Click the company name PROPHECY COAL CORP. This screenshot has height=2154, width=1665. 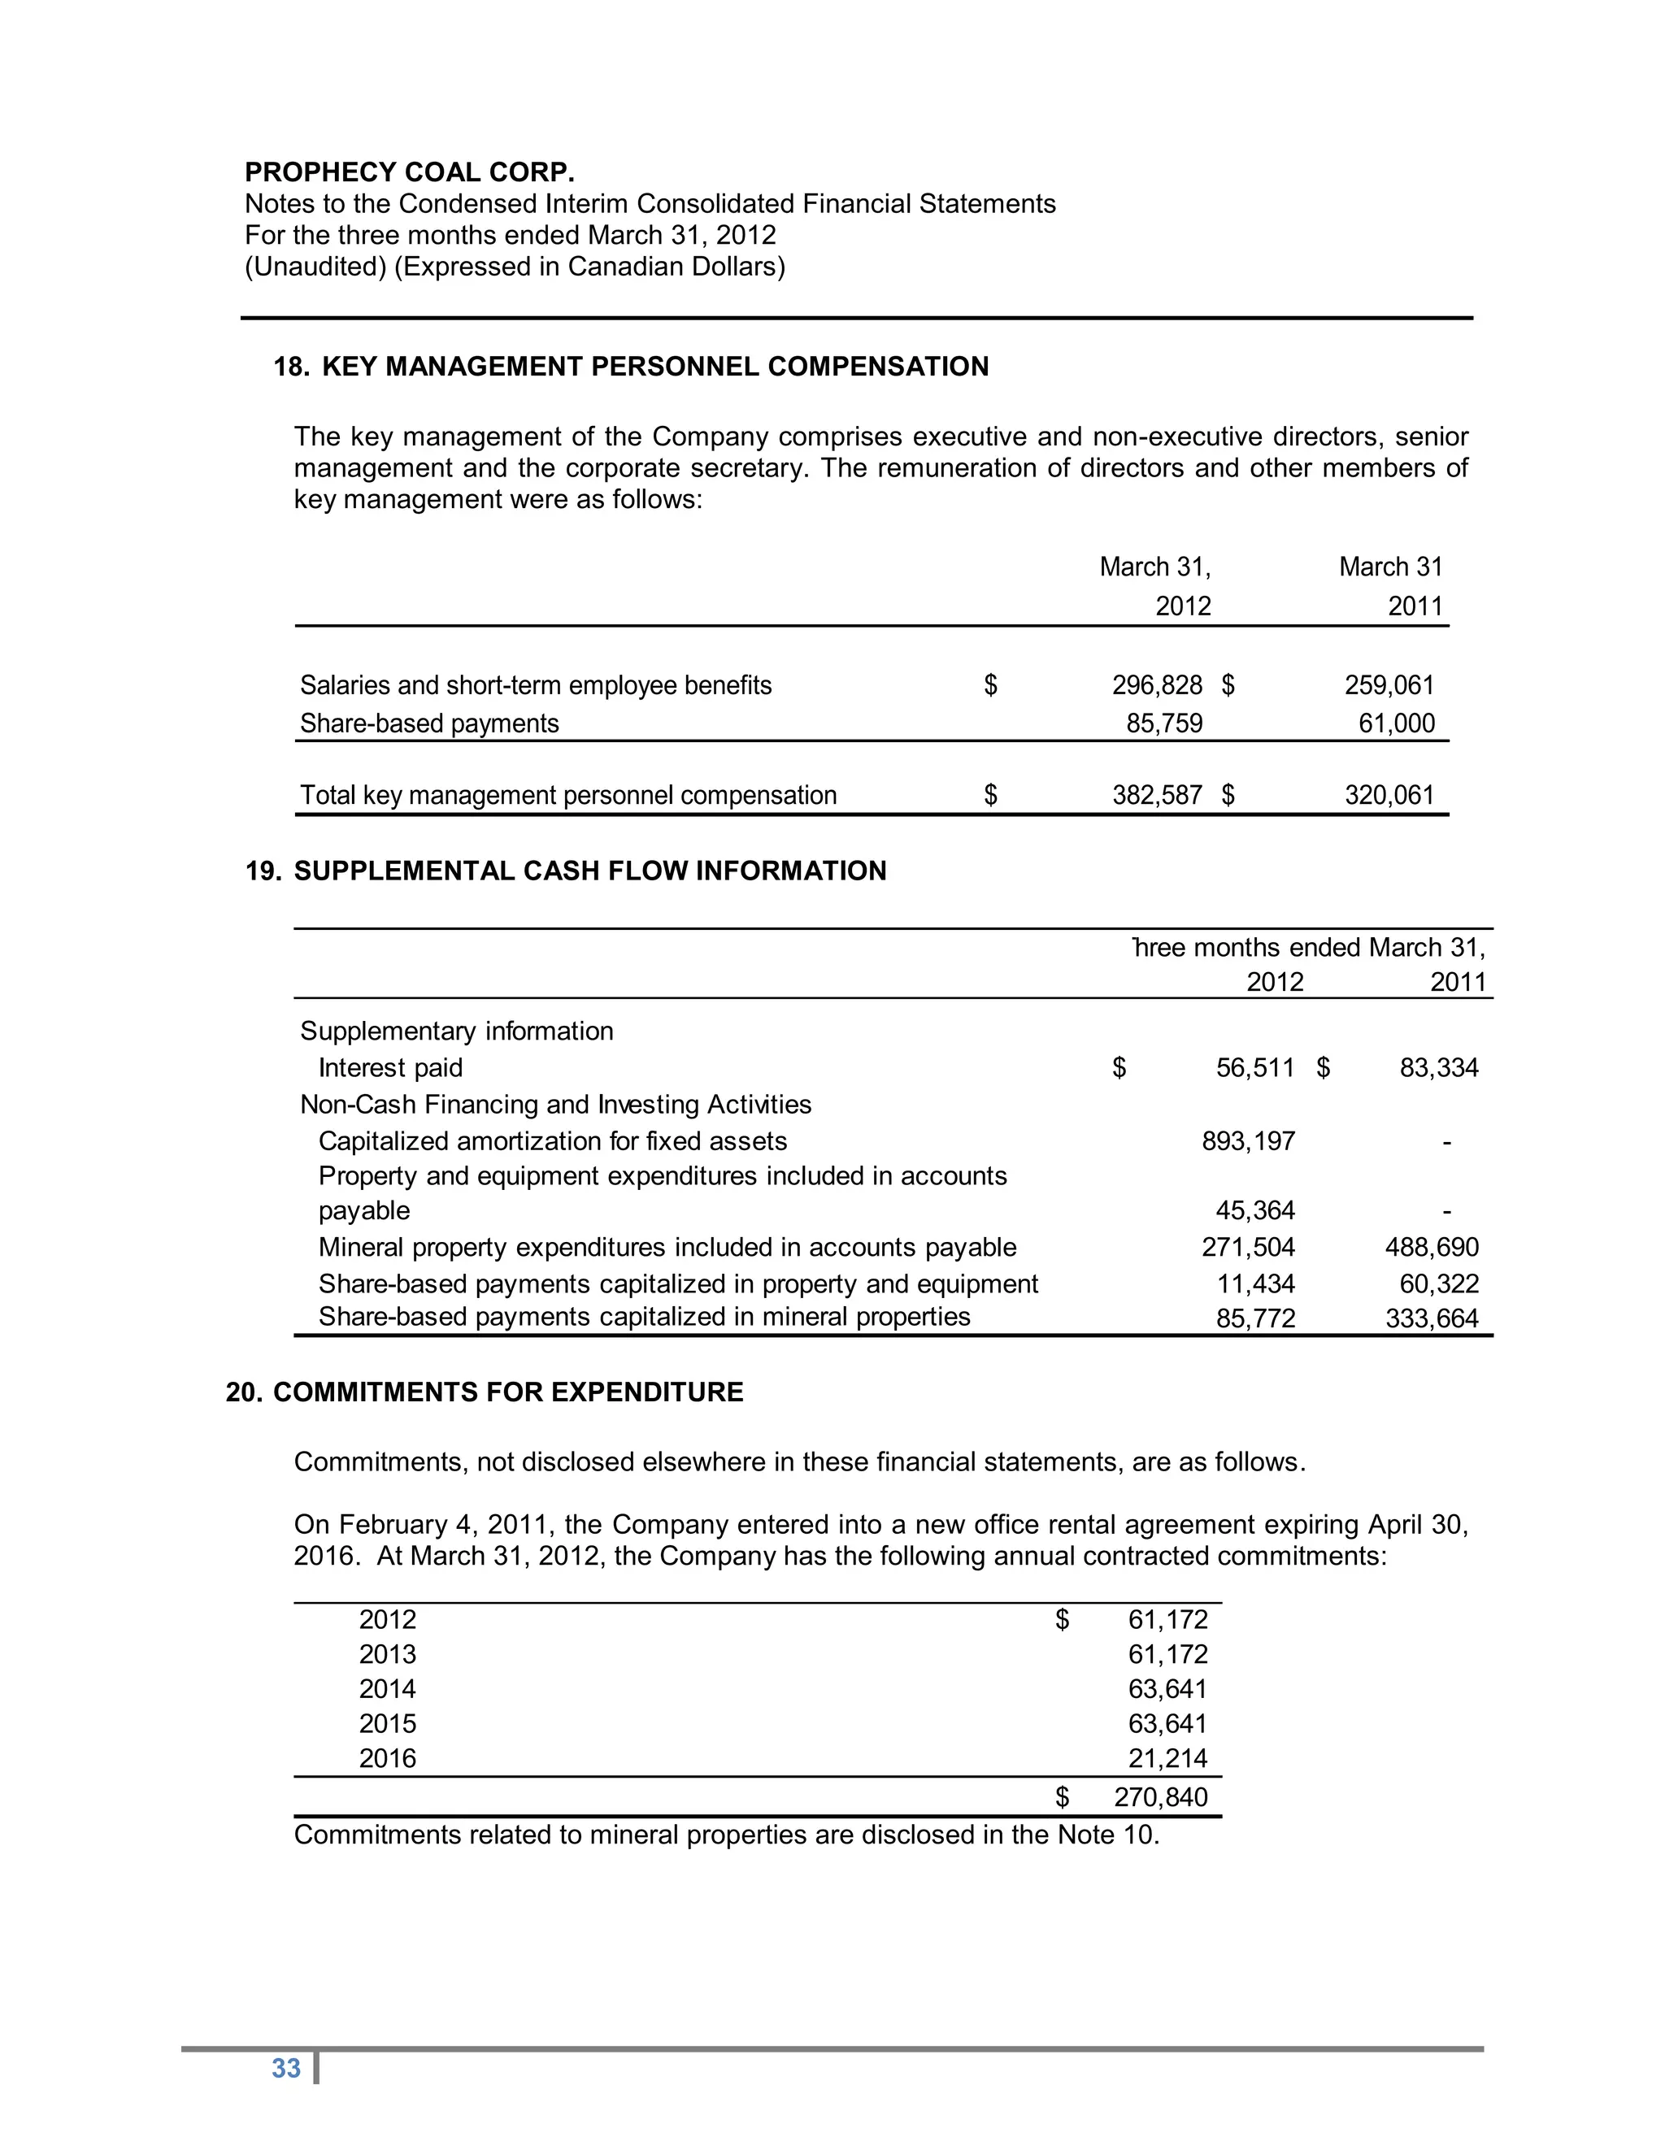[x=410, y=172]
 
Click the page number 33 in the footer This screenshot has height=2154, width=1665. [x=286, y=2068]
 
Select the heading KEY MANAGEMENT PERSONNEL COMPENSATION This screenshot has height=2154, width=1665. [x=655, y=367]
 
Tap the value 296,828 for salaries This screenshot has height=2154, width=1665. [x=1157, y=685]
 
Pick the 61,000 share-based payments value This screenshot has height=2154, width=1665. [x=1396, y=724]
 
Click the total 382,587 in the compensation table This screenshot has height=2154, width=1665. [x=1157, y=795]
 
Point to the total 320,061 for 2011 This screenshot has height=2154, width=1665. [x=1389, y=795]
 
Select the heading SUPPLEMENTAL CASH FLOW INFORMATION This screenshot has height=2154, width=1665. [x=590, y=871]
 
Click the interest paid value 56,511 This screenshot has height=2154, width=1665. [x=1254, y=1068]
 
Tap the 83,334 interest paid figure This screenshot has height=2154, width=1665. [x=1439, y=1068]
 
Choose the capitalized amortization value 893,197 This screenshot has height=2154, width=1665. [x=1248, y=1141]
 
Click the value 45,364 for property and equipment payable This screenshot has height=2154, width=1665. [x=1254, y=1210]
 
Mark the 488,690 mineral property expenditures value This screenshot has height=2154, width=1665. [x=1431, y=1248]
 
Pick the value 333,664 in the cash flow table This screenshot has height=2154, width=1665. [x=1431, y=1318]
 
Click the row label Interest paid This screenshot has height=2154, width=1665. [x=390, y=1068]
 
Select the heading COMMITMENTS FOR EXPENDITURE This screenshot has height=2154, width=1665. [x=508, y=1392]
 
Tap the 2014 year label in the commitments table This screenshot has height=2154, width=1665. [x=388, y=1690]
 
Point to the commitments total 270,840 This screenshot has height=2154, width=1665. [x=1161, y=1797]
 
